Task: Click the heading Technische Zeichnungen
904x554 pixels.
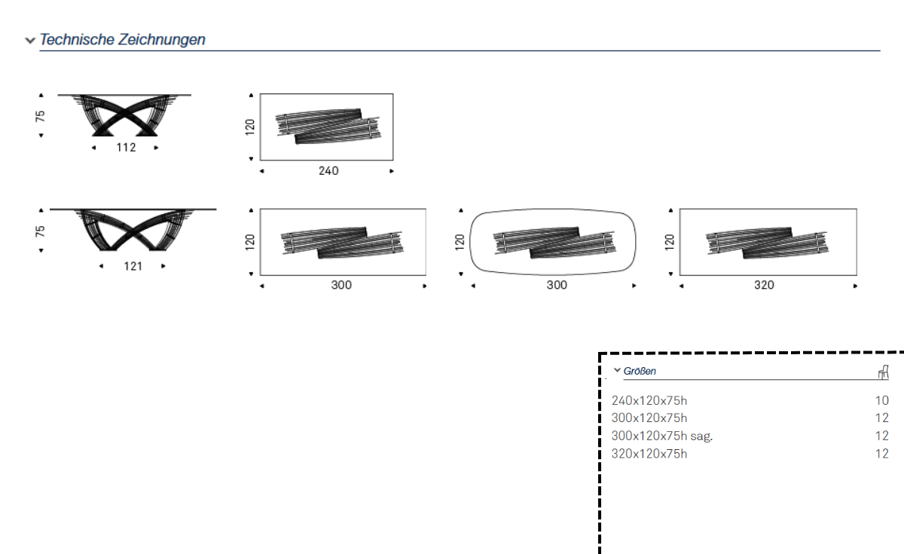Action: pos(122,39)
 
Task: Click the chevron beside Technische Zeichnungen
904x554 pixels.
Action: pos(30,41)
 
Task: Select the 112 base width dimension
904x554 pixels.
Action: pos(126,148)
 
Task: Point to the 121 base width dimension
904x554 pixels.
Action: pos(133,266)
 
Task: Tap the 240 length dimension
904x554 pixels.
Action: pos(328,171)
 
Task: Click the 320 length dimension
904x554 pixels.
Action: pos(764,285)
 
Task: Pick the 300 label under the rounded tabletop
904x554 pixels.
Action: pos(557,285)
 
